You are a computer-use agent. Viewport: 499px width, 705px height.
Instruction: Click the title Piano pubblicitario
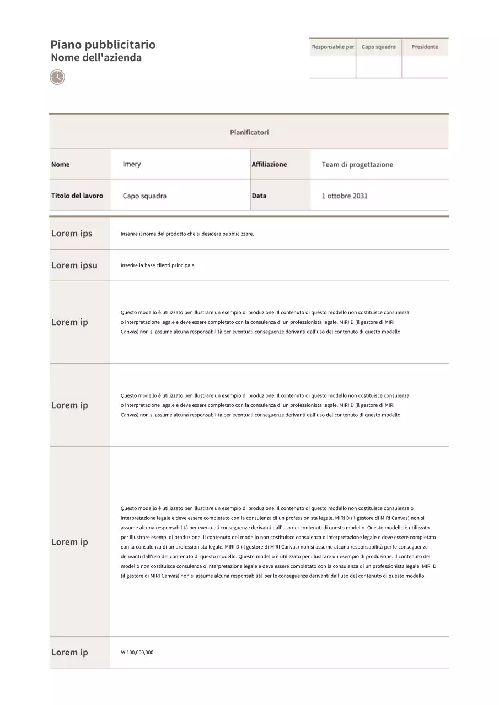click(103, 45)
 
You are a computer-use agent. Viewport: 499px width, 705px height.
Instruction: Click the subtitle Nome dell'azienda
click(96, 58)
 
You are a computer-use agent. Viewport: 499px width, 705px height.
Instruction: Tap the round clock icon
click(57, 77)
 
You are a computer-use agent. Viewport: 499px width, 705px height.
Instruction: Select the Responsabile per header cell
click(332, 47)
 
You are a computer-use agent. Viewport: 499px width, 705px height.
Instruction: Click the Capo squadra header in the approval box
click(378, 47)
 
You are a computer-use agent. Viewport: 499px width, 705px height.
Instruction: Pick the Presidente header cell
click(425, 47)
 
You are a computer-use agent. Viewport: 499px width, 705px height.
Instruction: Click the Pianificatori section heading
click(249, 132)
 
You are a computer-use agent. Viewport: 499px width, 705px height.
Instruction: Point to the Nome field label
click(61, 165)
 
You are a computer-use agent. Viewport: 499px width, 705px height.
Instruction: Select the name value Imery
click(132, 165)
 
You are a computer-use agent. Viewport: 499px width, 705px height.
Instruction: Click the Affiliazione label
click(269, 165)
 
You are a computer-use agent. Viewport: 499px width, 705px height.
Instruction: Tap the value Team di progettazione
click(357, 165)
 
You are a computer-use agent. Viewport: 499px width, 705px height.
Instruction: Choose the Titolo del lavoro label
click(77, 196)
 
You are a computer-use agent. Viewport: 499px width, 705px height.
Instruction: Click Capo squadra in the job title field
click(144, 196)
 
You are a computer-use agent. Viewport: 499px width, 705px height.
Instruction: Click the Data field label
click(259, 196)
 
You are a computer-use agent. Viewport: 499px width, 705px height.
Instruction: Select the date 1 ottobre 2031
click(345, 196)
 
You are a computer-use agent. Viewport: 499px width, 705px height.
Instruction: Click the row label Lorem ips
click(72, 234)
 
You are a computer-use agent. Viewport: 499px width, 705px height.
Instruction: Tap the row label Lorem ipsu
click(74, 265)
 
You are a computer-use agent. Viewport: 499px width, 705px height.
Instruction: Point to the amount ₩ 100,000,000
click(137, 653)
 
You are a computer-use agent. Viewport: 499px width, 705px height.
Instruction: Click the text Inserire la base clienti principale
click(158, 265)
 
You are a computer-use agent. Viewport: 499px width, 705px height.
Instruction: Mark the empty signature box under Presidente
click(425, 67)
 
